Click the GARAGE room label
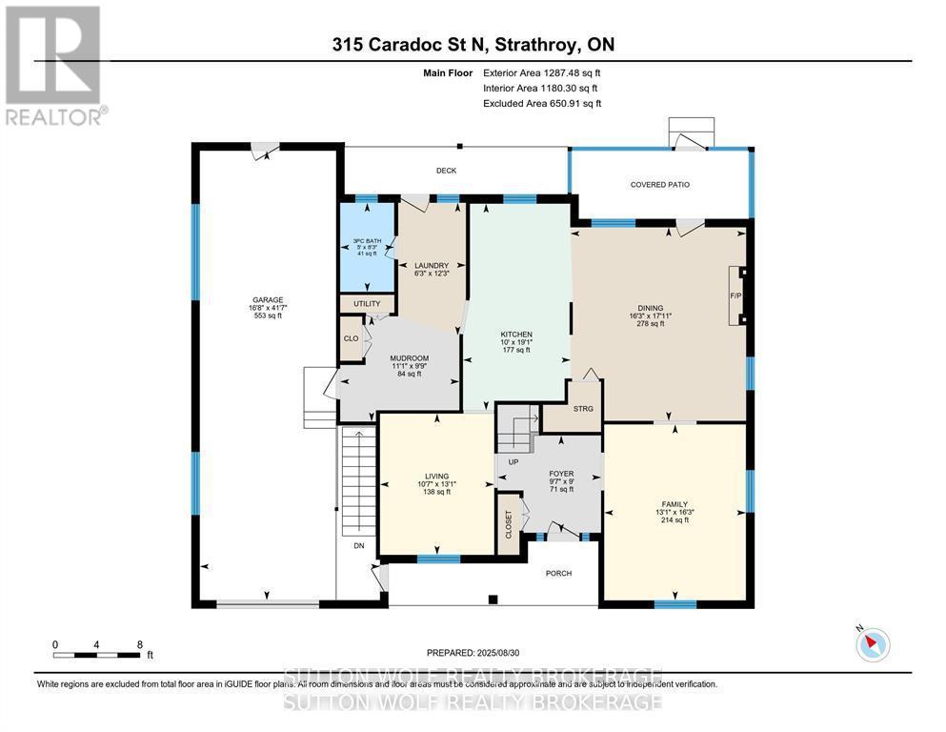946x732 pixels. tap(268, 300)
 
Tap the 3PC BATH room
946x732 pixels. tap(367, 246)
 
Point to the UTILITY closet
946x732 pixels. tap(367, 304)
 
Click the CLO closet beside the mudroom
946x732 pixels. tap(351, 338)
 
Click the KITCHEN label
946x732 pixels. tap(516, 335)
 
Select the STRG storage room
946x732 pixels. tap(583, 409)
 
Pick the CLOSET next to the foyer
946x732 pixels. tap(509, 522)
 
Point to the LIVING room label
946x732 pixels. tap(437, 477)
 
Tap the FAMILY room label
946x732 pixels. tap(674, 503)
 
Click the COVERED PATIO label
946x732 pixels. tap(659, 185)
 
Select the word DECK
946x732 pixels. tap(446, 171)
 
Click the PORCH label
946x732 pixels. tap(557, 574)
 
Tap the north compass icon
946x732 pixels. tap(872, 644)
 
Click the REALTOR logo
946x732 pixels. tap(54, 66)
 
